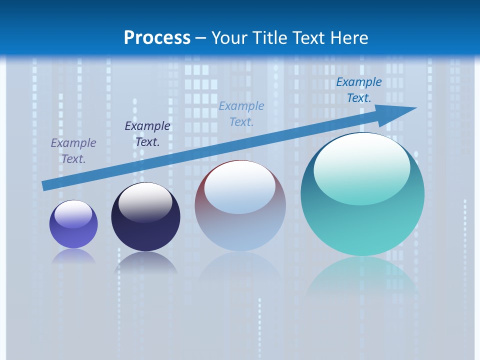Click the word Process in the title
tap(157, 38)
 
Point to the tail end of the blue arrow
tap(44, 186)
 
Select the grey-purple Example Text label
tap(73, 151)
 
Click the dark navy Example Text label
tap(147, 134)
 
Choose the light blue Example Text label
tap(241, 114)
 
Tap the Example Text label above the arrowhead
tap(358, 90)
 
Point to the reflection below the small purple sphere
tap(73, 256)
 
